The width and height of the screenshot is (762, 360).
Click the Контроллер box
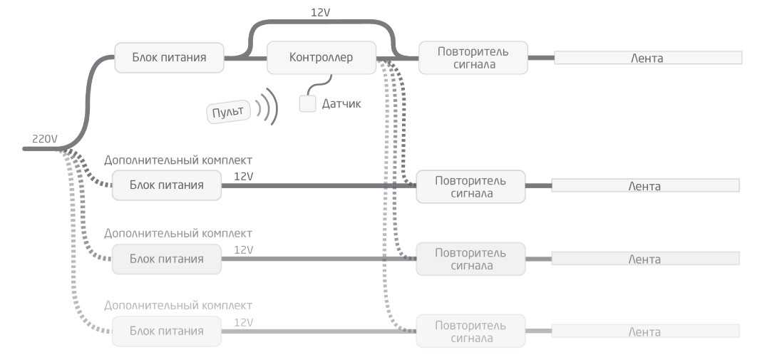tap(321, 58)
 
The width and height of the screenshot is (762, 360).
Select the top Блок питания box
tap(169, 58)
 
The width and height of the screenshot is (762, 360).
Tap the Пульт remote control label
tap(228, 112)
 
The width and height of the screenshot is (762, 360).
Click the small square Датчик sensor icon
tap(307, 103)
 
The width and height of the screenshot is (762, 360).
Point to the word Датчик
tap(341, 104)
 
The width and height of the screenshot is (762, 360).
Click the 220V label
tap(44, 138)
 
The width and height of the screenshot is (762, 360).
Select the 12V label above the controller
tap(321, 13)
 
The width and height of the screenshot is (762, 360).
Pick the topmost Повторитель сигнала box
tap(473, 58)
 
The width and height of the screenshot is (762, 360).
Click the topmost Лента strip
tap(647, 58)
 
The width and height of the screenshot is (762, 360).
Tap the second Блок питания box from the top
tap(166, 185)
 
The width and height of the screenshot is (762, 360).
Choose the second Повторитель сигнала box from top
tap(470, 186)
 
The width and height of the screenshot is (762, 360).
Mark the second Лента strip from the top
tap(644, 186)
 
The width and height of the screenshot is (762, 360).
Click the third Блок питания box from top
tap(166, 259)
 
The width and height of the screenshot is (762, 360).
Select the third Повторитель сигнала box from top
tap(470, 259)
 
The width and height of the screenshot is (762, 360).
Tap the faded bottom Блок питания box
tap(166, 331)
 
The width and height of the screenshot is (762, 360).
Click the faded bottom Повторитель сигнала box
tap(470, 331)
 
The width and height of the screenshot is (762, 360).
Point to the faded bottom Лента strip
tap(644, 331)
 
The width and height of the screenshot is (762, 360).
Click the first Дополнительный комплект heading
tap(178, 160)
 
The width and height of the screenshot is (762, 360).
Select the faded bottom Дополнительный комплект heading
tap(178, 306)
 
